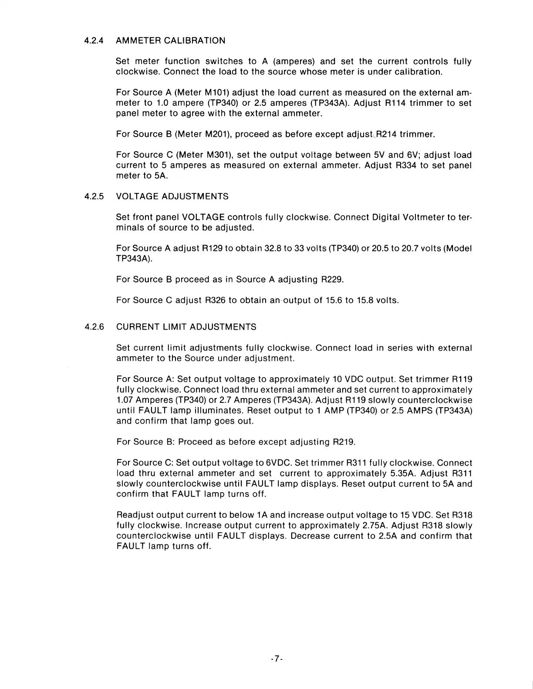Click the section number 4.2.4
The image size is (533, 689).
tap(94, 41)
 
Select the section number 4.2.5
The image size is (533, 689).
tap(94, 196)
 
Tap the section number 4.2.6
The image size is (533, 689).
tap(94, 327)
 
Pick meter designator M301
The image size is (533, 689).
tap(217, 155)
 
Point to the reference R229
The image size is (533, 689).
tap(332, 280)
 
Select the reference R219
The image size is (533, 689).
tap(344, 442)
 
